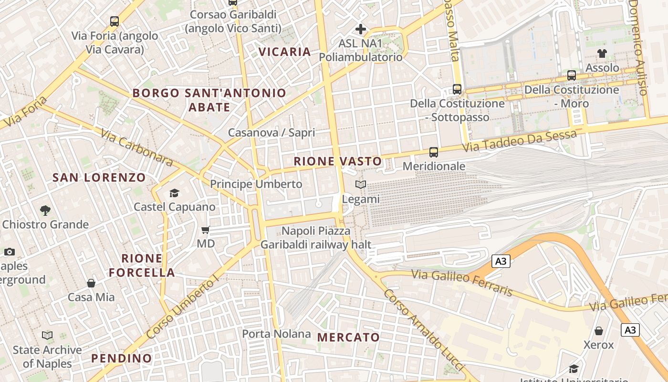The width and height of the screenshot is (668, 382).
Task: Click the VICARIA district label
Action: (284, 52)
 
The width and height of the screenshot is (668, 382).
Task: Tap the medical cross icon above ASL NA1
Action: (361, 29)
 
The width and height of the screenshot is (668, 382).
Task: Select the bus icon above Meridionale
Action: (433, 152)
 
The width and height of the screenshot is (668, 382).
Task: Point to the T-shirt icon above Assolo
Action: (602, 53)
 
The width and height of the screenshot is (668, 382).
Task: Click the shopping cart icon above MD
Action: (206, 230)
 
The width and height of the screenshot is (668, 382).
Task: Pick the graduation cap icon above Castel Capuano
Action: (174, 193)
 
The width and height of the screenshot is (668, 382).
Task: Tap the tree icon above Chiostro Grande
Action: (45, 210)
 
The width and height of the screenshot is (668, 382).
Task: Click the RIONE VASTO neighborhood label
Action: (338, 161)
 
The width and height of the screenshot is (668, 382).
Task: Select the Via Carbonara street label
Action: (137, 147)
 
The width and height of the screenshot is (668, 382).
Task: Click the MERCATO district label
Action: (348, 337)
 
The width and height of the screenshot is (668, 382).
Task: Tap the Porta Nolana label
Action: (276, 334)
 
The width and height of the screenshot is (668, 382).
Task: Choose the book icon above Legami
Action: (361, 185)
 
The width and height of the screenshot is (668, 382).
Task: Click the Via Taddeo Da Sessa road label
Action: (519, 141)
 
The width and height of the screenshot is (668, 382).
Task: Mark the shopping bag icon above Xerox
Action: (598, 331)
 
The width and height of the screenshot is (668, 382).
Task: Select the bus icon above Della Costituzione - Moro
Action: (571, 75)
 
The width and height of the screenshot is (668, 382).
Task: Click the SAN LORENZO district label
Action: (99, 178)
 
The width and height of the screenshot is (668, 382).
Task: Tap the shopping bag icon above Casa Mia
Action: (91, 283)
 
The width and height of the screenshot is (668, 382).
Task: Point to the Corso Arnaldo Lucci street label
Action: (423, 330)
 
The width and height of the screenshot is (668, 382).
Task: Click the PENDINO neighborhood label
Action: (121, 358)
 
